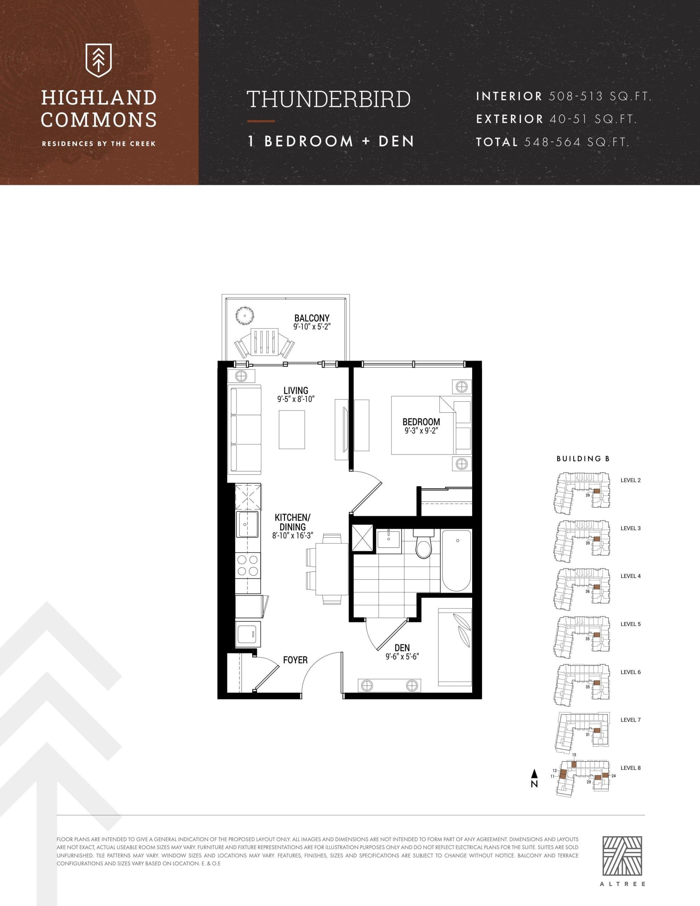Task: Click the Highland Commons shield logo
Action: click(98, 61)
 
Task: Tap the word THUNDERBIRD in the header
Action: click(329, 99)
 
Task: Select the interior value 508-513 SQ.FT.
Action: click(599, 96)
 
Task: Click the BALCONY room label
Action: click(312, 318)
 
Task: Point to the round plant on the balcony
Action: click(245, 316)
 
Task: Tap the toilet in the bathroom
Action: click(424, 544)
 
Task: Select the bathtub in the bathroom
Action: click(456, 561)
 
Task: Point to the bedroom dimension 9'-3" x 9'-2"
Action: click(421, 431)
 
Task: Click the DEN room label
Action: click(402, 648)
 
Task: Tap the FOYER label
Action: click(295, 660)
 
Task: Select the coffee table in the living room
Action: click(292, 429)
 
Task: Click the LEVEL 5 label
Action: click(630, 624)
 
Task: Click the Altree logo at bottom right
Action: click(622, 856)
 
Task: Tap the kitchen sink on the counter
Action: click(247, 524)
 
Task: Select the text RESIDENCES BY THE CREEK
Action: click(99, 144)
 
